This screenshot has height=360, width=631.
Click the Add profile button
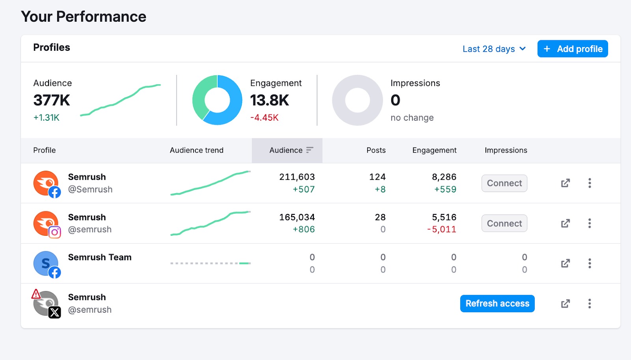point(572,49)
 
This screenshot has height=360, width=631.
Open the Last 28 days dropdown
point(494,49)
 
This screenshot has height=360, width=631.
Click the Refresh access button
point(497,304)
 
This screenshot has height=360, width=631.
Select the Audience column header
point(287,150)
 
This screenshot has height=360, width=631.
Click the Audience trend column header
point(196,150)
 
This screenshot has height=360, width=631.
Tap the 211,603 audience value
point(297,177)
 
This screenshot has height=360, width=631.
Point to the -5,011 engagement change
point(442,229)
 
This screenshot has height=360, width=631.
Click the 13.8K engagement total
point(269,100)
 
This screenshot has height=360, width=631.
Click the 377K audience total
point(52,100)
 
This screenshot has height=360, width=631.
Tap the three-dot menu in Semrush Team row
point(589,263)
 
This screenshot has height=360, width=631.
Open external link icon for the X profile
point(565,304)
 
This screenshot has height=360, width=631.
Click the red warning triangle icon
point(36,294)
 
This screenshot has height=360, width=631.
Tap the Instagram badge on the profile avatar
point(55,232)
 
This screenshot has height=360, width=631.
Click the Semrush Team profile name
point(99,257)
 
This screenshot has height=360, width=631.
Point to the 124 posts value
point(377,177)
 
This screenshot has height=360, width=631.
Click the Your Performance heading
point(84,17)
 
